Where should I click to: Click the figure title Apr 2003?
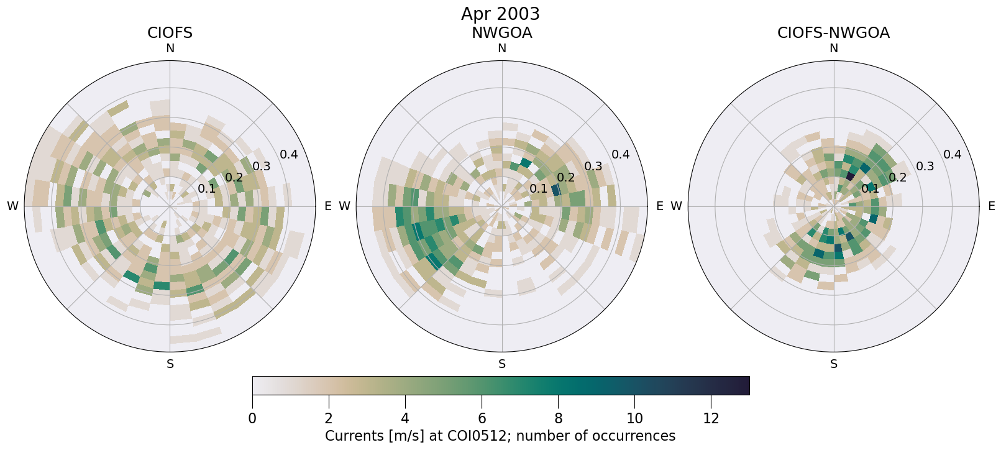point(500,14)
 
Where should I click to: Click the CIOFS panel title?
point(170,33)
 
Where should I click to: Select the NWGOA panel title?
point(501,33)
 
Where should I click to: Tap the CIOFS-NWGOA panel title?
point(833,33)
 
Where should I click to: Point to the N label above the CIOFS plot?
point(170,48)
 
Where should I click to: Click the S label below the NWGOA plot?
point(502,364)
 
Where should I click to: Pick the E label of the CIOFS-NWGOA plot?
point(992,206)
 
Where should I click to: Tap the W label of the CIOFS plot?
point(12,206)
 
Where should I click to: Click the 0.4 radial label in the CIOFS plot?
point(289,155)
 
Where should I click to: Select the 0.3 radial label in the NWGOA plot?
point(593,166)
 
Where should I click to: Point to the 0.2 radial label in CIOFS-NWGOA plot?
point(898,178)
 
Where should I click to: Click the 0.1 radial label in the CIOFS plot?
point(206,189)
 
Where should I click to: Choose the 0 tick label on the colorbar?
point(252,418)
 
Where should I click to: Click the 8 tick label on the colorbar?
point(558,418)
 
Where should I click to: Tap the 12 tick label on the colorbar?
point(711,418)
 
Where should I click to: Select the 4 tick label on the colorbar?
point(405,418)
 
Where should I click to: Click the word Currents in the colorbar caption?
point(353,436)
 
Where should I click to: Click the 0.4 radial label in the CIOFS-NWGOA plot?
point(953,155)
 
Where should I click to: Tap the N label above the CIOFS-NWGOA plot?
point(834,48)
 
